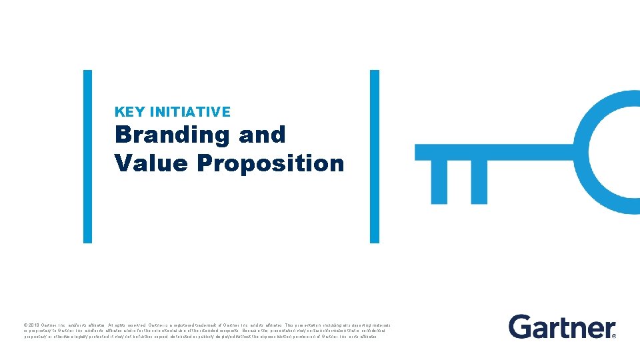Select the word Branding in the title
tap(173, 135)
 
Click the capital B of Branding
tap(123, 135)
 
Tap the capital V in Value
tap(123, 163)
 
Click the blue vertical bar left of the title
tap(87, 157)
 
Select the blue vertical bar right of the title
tap(374, 157)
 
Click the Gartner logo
tap(562, 327)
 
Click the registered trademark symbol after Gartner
tap(613, 335)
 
